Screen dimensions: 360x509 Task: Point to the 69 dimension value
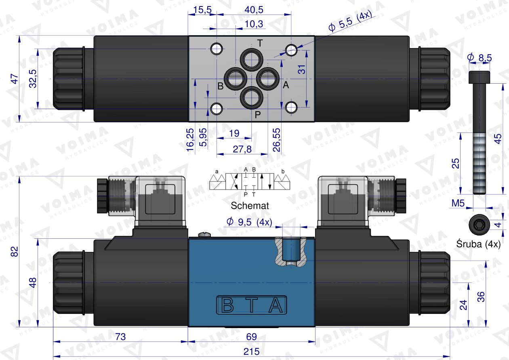pyautogui.click(x=251, y=337)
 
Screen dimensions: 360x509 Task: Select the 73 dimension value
pyautogui.click(x=120, y=337)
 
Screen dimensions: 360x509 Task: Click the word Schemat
pyautogui.click(x=250, y=205)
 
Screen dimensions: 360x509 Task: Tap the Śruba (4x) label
pyautogui.click(x=478, y=244)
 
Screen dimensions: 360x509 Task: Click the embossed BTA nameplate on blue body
pyautogui.click(x=251, y=306)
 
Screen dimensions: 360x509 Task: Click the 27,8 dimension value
pyautogui.click(x=242, y=149)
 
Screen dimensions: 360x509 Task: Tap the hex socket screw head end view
pyautogui.click(x=478, y=225)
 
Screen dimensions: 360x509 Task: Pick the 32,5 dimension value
pyautogui.click(x=33, y=78)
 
